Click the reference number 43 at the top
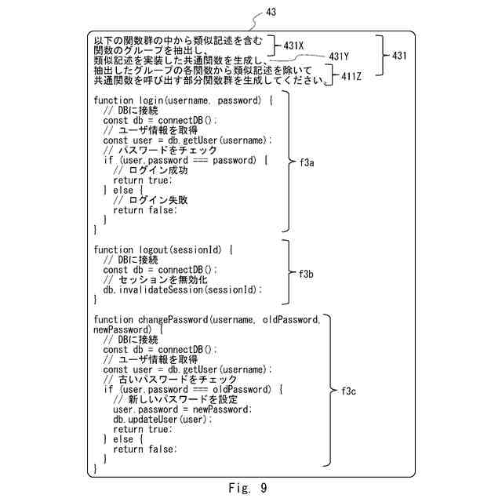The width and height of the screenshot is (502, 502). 271,12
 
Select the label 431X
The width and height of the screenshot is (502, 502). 293,45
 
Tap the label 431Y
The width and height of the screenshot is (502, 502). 339,56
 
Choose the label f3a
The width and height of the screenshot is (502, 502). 307,164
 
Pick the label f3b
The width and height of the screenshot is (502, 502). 307,274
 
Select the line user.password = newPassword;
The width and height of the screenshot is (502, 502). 182,409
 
